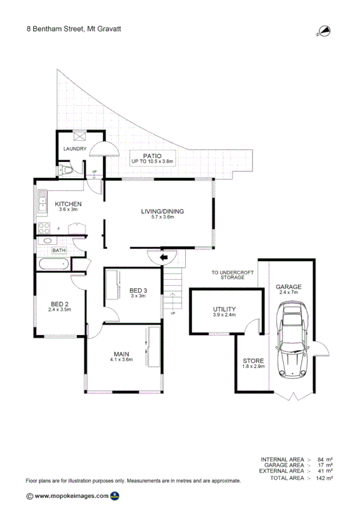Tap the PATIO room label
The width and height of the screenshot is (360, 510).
153,155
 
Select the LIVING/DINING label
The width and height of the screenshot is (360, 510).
162,211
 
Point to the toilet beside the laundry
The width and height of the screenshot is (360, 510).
67,171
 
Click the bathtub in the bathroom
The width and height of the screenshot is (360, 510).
53,264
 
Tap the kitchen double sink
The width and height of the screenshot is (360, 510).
42,202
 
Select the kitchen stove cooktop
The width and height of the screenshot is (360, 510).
44,229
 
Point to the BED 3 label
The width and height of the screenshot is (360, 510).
138,290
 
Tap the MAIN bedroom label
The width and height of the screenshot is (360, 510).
121,354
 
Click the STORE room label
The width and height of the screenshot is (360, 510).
253,360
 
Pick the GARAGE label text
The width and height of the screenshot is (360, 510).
288,287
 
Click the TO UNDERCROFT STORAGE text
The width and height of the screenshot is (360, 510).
228,275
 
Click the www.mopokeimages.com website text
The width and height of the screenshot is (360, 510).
72,496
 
